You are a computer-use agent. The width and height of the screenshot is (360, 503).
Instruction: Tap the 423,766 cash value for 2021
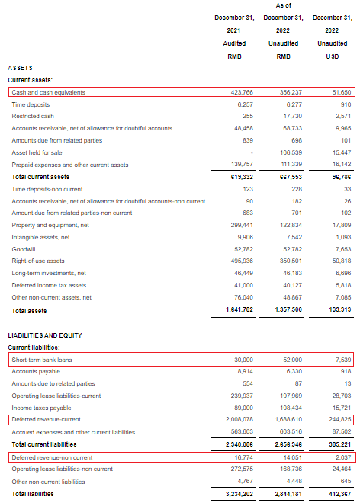click(240, 92)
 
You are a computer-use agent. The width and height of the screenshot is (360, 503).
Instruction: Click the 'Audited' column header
click(234, 43)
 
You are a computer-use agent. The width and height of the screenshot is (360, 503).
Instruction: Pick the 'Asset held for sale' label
click(39, 152)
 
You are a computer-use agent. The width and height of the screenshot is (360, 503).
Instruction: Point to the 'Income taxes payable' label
click(42, 408)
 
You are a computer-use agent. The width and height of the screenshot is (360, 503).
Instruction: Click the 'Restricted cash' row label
click(34, 116)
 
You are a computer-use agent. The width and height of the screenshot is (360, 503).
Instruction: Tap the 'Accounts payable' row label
click(36, 372)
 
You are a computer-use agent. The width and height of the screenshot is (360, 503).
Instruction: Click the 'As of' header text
click(286, 5)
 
